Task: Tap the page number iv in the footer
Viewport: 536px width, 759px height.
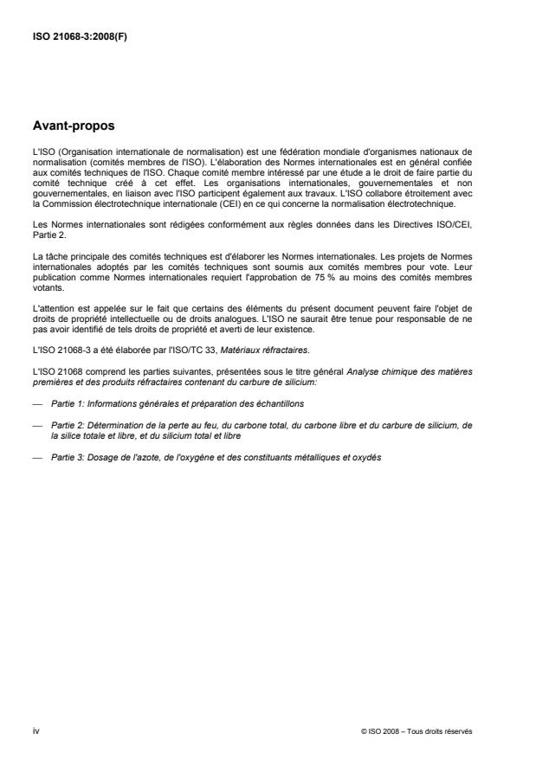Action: (35, 731)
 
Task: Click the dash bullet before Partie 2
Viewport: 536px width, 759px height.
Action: (36, 423)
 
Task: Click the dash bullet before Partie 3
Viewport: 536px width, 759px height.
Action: (36, 457)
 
